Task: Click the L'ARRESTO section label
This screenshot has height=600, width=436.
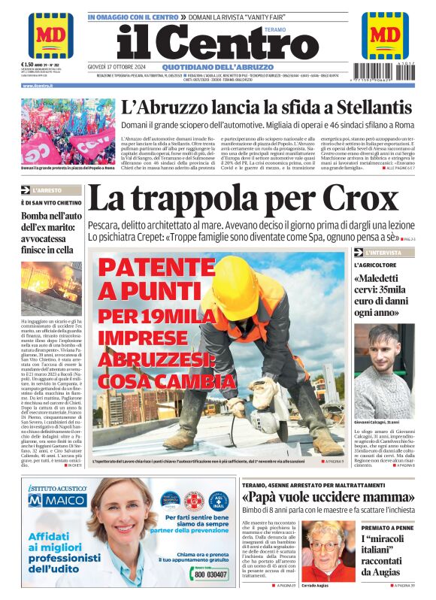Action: pos(48,191)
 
